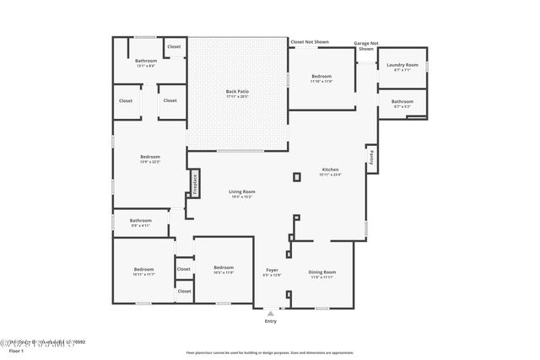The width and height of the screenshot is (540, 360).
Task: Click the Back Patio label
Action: [237, 94]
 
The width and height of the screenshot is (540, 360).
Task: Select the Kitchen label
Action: [329, 172]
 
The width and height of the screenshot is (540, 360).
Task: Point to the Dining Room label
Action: [321, 274]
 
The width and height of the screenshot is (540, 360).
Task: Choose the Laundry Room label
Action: [402, 67]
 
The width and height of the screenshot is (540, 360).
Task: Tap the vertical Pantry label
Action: [370, 157]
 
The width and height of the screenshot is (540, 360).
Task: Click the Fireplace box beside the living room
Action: [193, 182]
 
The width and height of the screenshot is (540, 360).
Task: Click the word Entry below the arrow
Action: [271, 321]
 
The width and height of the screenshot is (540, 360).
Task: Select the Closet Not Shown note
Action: [309, 41]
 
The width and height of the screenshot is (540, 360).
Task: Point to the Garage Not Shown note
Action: [365, 46]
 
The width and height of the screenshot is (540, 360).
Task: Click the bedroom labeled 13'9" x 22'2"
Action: [150, 159]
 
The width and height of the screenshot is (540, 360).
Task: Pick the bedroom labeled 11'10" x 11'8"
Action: [321, 78]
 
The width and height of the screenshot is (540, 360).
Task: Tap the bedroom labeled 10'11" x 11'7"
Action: [144, 272]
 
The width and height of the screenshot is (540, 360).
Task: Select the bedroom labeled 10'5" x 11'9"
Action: [223, 270]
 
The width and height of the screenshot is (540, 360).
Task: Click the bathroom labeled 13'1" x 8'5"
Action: [147, 63]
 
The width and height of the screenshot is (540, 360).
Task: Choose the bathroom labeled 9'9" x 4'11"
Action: [140, 223]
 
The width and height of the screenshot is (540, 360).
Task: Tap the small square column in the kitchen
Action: [296, 177]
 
